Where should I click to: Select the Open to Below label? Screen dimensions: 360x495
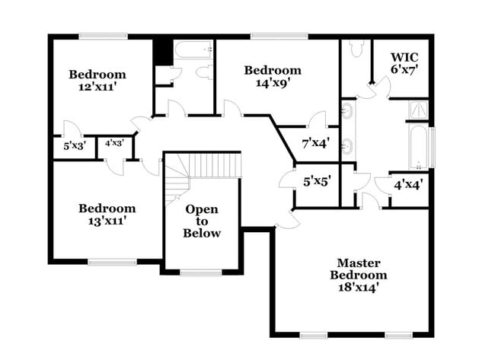202,221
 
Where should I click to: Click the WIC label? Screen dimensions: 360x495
403,57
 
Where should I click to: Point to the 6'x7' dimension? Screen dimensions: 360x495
403,70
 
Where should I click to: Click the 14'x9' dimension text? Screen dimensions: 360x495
272,84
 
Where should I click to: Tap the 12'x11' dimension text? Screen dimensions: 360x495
97,87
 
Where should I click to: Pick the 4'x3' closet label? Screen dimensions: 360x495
115,142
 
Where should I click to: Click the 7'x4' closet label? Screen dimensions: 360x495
316,142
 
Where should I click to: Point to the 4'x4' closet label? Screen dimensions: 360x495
408,183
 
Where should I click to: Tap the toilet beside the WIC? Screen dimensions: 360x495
356,49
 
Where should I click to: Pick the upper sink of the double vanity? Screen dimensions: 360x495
347,111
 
